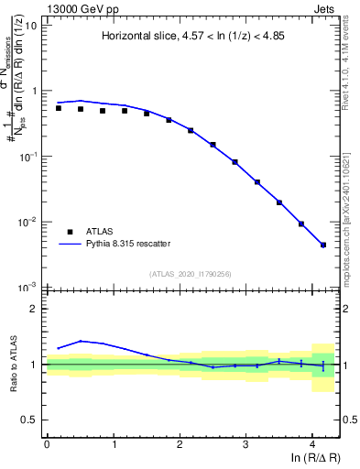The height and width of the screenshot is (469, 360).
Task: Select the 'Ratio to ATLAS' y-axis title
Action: [12, 365]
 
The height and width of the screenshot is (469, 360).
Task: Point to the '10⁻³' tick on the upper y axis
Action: [28, 288]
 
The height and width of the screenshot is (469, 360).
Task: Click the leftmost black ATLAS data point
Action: [59, 108]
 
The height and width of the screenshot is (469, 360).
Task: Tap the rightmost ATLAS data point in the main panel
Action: [323, 245]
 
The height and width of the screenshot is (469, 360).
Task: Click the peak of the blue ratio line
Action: [81, 341]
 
